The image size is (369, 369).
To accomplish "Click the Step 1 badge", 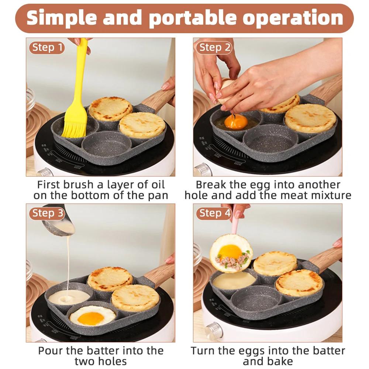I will point(46,48).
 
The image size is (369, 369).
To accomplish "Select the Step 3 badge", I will point(46,213).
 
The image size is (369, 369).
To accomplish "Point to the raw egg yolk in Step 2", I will point(235,121).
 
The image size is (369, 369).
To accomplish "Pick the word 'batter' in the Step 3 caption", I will point(107,350).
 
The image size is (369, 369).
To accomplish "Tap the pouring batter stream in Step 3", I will point(69,266).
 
